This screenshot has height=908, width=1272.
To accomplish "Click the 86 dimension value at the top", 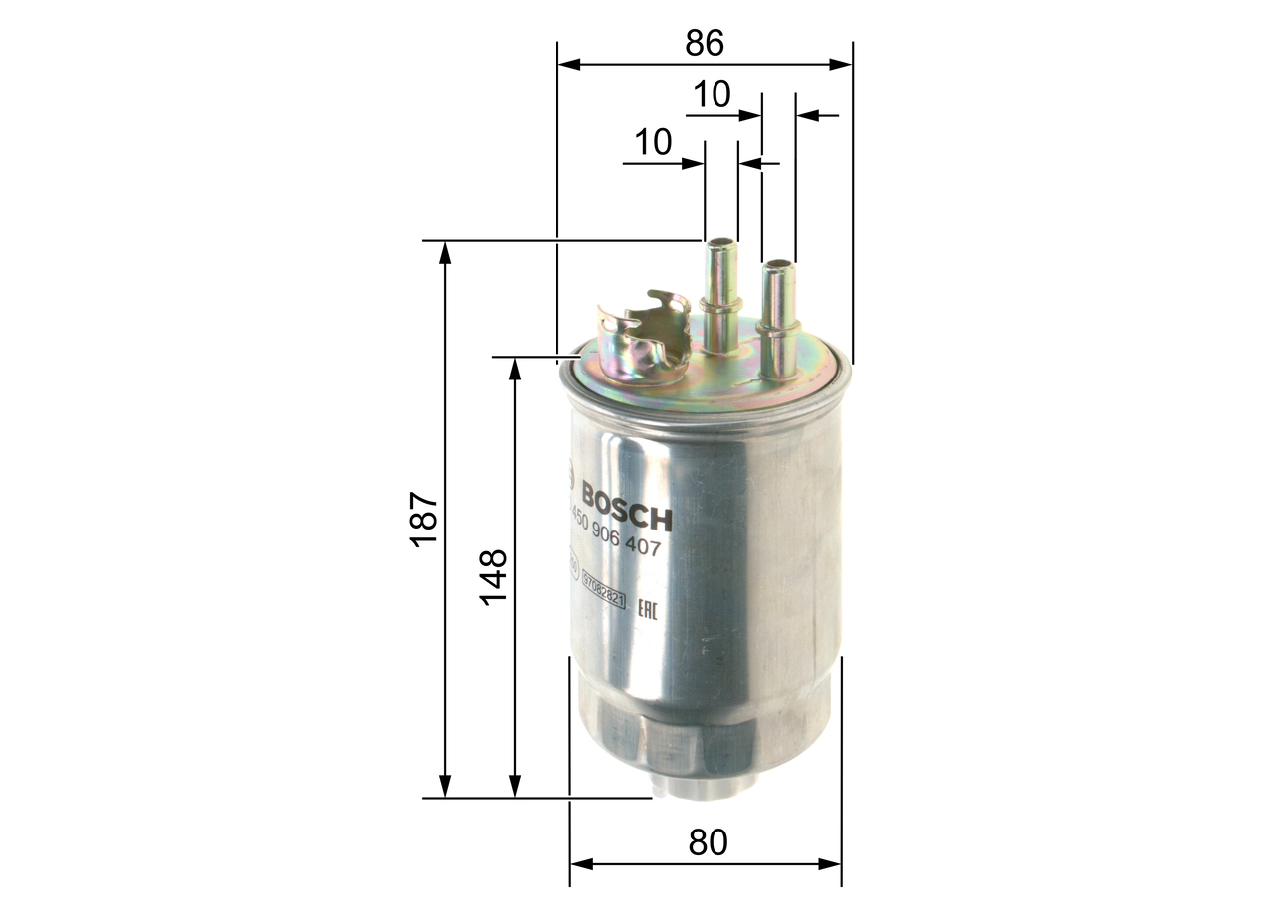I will (x=705, y=43).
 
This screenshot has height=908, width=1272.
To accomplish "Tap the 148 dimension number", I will (x=494, y=576).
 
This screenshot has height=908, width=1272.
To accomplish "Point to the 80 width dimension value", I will (x=708, y=842).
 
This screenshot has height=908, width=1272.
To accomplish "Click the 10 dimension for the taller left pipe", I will (x=654, y=142).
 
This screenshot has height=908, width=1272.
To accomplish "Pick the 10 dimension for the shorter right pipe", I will (x=712, y=95).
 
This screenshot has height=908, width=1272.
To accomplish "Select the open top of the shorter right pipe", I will (x=778, y=264).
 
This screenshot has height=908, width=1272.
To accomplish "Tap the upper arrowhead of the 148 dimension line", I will (x=514, y=368).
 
